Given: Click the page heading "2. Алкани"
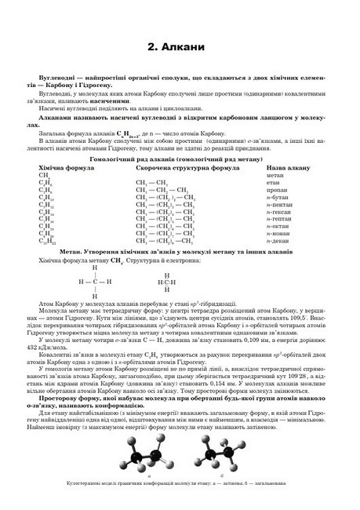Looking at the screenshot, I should [180, 48].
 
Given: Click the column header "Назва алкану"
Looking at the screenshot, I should [289, 168].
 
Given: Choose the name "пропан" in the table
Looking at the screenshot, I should [276, 190].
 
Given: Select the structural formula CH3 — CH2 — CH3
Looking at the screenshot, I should [162, 190].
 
